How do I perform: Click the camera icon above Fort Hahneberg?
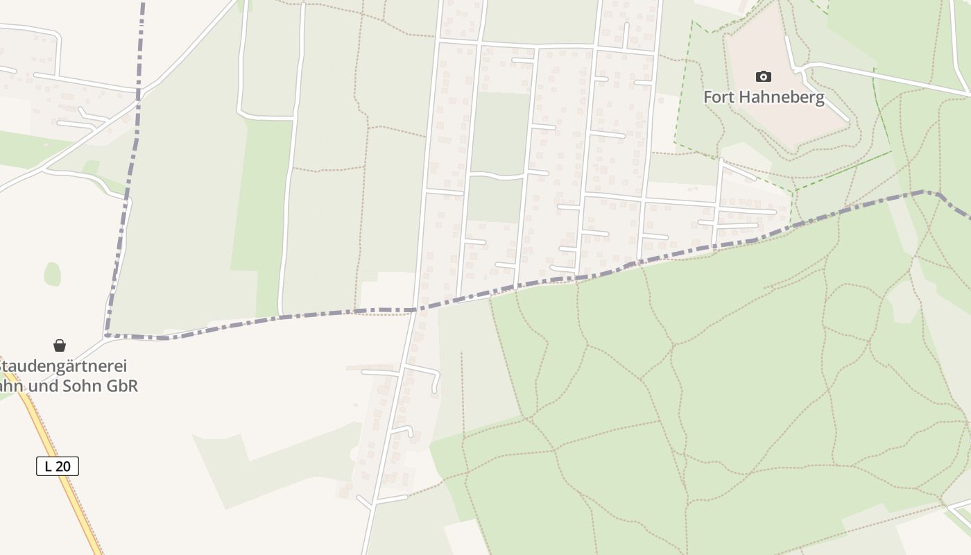764,76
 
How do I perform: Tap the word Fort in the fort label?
719,97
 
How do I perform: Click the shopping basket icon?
60,345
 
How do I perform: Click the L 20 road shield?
58,466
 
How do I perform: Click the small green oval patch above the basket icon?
52,273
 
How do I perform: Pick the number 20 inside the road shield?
62,466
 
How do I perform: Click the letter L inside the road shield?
48,466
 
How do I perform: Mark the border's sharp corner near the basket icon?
108,336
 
